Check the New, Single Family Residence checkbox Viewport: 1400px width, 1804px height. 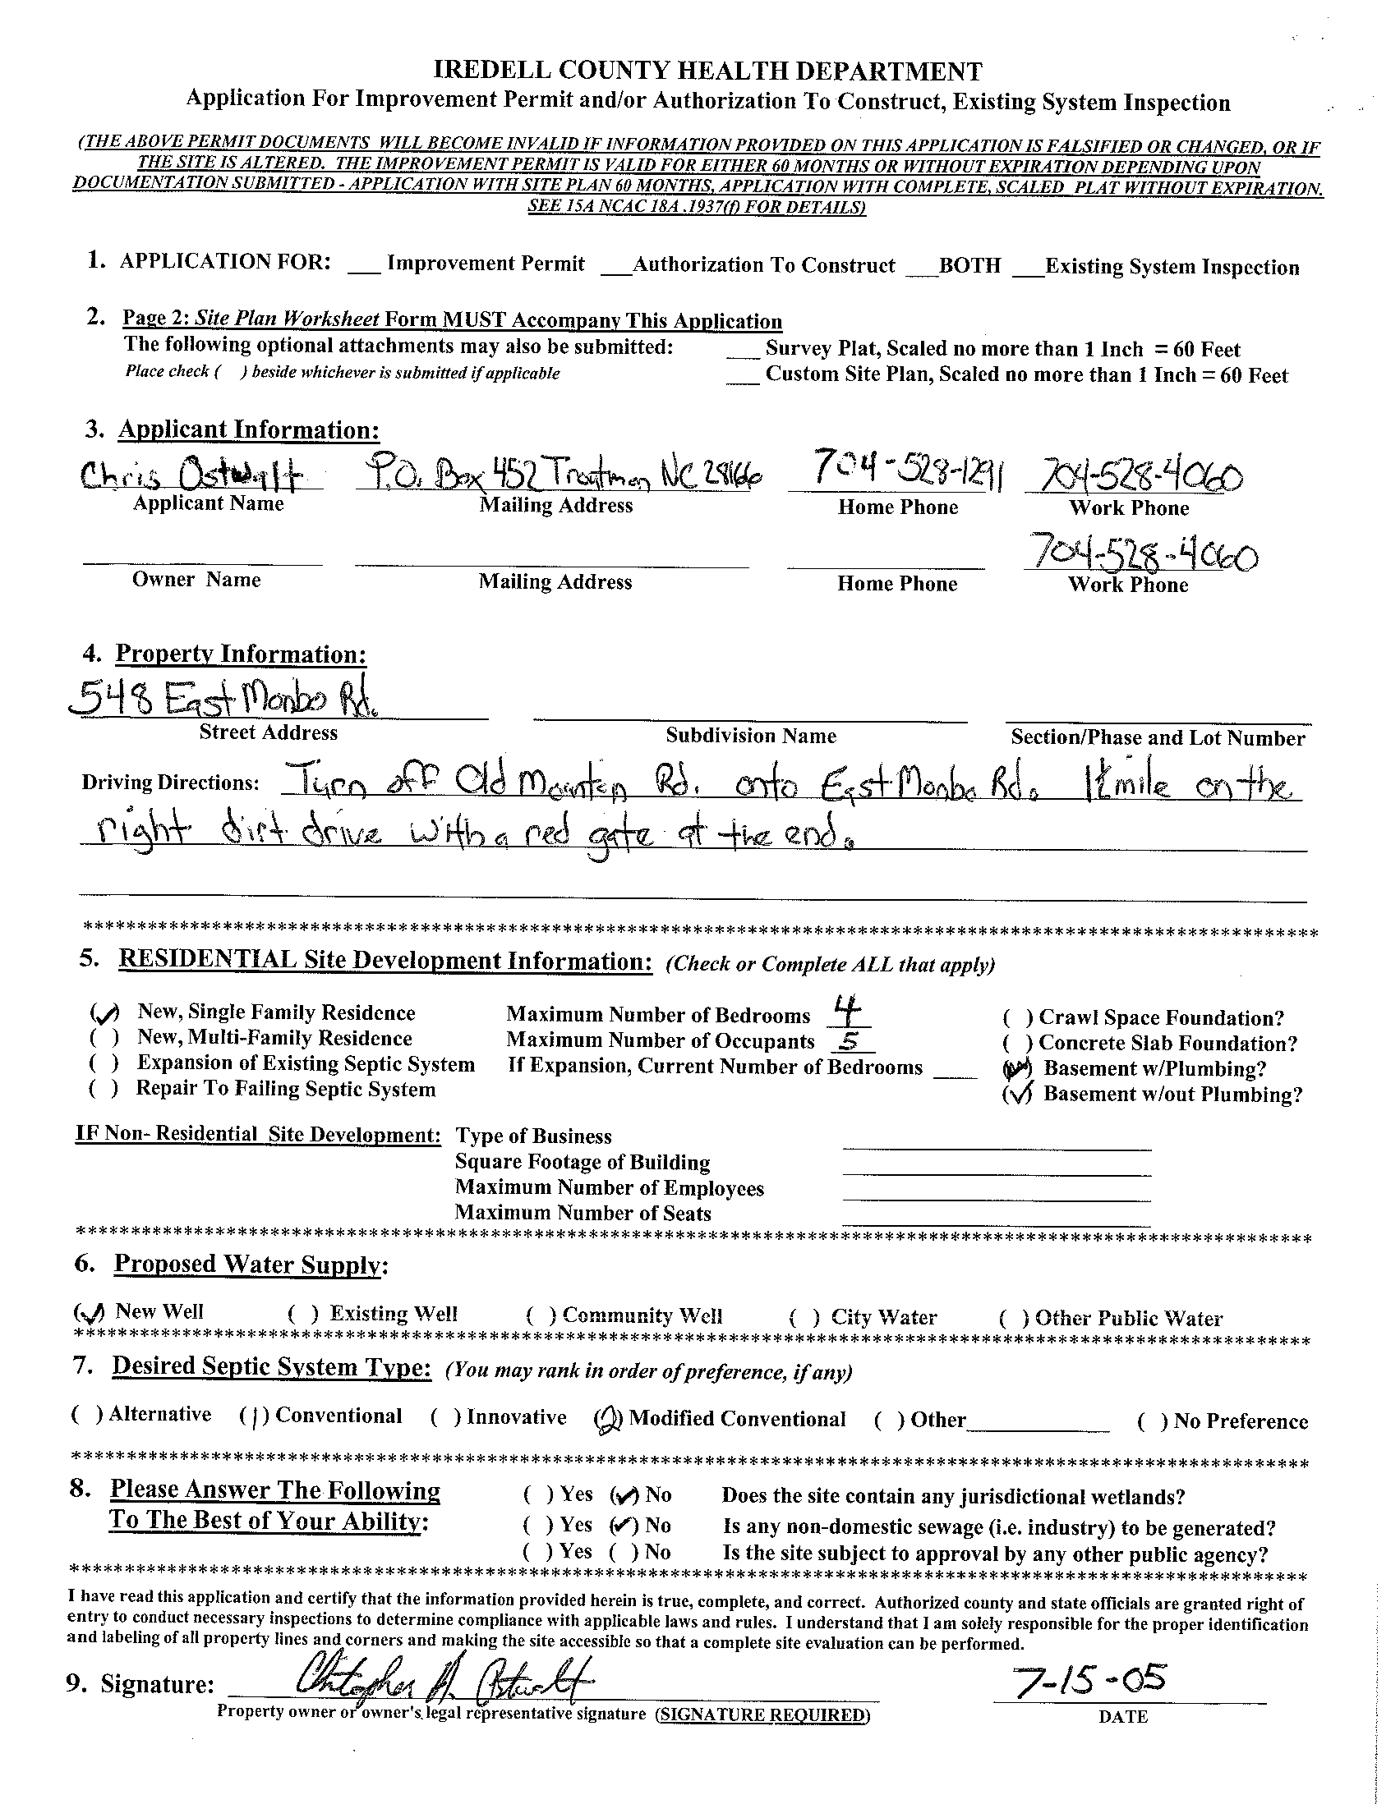[x=105, y=1012]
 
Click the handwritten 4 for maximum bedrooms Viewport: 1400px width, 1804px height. [x=843, y=1008]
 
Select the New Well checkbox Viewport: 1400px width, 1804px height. [x=90, y=1312]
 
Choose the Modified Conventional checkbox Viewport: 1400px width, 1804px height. [x=608, y=1419]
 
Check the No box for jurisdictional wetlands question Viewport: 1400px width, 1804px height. [x=624, y=1495]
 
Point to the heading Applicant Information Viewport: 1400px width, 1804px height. [x=249, y=429]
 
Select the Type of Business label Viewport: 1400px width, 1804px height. [x=533, y=1136]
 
